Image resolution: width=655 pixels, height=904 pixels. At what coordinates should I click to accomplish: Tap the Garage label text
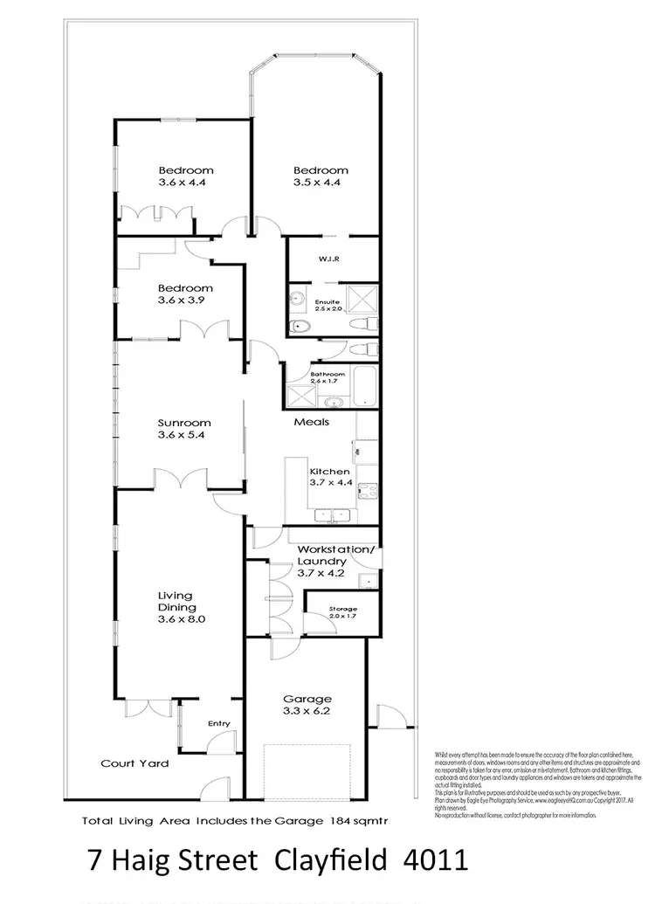[x=307, y=699]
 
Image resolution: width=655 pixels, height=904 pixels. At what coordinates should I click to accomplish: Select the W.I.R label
[x=305, y=259]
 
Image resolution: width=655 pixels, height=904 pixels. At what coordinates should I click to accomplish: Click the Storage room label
[x=342, y=608]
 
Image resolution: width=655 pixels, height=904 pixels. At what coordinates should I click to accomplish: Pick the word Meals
[x=311, y=422]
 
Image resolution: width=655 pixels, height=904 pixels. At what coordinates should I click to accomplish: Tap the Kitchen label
[x=329, y=472]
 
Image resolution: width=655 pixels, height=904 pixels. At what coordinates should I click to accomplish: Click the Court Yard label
[x=134, y=763]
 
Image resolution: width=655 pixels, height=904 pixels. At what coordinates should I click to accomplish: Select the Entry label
[x=218, y=723]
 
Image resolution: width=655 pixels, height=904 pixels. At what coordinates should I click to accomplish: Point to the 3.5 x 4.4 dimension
[x=321, y=183]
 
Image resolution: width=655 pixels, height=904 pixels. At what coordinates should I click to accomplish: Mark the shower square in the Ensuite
[x=366, y=298]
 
